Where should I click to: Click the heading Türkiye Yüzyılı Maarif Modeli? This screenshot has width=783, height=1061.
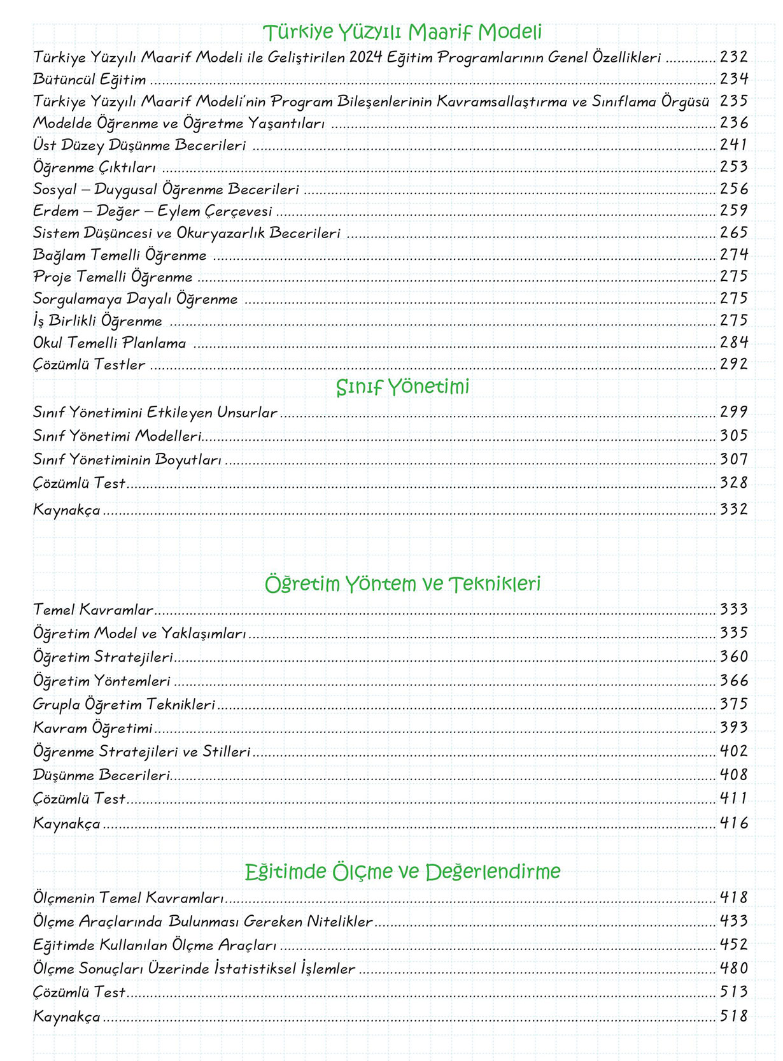(x=402, y=32)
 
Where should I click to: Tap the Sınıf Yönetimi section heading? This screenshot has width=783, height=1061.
(x=402, y=387)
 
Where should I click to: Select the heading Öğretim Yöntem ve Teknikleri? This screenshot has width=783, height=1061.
(x=402, y=583)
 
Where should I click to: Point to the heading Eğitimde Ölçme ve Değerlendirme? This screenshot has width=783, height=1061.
(x=402, y=871)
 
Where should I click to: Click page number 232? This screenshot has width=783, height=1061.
(x=733, y=57)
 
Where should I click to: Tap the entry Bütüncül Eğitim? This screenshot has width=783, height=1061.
(x=90, y=80)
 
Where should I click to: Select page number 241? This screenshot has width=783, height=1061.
(x=733, y=145)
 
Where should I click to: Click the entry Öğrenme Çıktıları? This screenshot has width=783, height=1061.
(x=94, y=167)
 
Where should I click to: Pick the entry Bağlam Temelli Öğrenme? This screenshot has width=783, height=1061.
(x=120, y=255)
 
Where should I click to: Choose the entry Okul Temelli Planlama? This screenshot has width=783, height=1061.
(x=109, y=343)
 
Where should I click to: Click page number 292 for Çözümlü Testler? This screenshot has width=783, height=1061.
(x=733, y=364)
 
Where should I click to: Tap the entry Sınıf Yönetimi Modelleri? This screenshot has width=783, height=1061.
(x=117, y=436)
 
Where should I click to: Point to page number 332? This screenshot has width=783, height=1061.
(x=733, y=509)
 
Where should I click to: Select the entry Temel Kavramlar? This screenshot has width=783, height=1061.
(x=93, y=609)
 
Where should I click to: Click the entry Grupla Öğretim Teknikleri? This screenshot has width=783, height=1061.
(x=124, y=704)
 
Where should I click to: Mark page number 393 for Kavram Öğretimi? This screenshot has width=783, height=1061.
(x=733, y=727)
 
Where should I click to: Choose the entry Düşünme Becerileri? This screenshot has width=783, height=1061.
(x=102, y=775)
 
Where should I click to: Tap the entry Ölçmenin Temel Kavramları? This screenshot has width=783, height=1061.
(x=129, y=898)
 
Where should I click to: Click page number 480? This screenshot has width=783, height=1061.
(x=733, y=968)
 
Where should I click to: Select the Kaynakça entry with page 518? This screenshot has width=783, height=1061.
(x=67, y=1016)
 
